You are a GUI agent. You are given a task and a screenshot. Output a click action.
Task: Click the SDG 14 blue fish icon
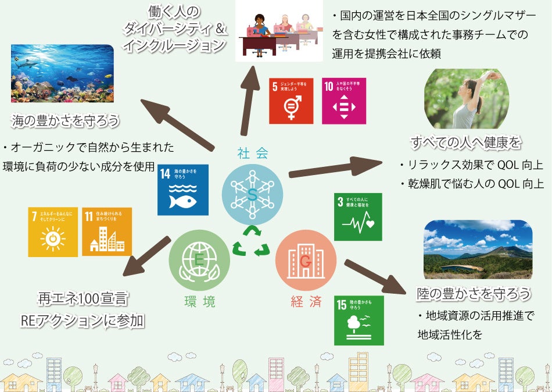182,190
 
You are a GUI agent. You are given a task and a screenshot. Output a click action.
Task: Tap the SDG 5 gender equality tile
291,101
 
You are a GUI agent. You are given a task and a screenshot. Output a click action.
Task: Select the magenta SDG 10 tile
344,101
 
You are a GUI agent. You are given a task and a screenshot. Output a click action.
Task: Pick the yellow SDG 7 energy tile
53,231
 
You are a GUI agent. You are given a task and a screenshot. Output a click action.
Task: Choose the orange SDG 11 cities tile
107,231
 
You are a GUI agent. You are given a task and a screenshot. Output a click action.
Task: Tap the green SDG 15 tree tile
359,320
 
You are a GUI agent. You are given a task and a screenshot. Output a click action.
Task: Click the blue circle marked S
252,194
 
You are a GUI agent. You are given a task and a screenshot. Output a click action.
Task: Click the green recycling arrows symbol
252,241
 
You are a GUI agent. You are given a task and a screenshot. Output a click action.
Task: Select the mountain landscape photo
478,250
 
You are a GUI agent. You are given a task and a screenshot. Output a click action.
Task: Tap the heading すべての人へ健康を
465,142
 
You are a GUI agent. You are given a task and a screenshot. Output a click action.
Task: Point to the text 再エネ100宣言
83,300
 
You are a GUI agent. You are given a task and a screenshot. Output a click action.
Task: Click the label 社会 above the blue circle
252,153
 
